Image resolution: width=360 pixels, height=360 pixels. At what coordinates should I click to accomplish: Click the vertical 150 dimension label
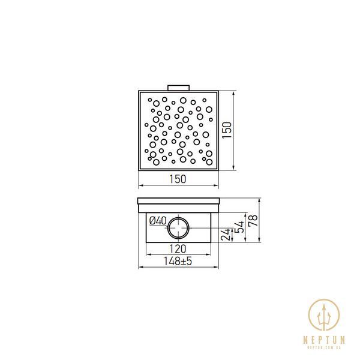(227, 130)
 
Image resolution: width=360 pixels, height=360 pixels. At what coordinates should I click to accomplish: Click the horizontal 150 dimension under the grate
(178, 179)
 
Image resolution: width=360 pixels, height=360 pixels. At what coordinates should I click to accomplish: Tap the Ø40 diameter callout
(158, 221)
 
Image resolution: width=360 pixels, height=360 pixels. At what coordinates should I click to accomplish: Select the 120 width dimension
(178, 248)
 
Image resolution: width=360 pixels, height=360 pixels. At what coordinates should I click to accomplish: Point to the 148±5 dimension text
(178, 261)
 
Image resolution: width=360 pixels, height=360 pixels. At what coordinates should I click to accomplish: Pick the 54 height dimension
(240, 227)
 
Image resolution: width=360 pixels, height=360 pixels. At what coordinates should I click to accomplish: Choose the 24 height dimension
(225, 235)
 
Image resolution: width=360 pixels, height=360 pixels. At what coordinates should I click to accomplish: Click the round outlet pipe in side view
(179, 228)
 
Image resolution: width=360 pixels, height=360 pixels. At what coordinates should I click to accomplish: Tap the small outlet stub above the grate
(179, 88)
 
